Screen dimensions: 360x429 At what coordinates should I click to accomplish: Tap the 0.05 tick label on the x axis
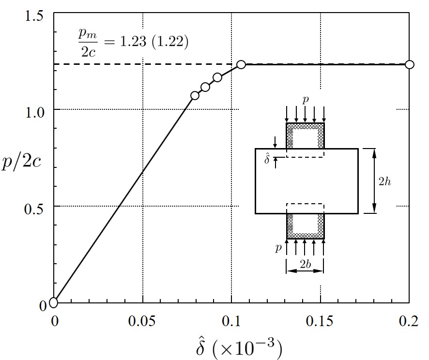(x=143, y=321)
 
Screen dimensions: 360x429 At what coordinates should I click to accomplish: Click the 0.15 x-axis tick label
(x=321, y=321)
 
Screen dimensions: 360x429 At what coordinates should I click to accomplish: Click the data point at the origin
(x=53, y=302)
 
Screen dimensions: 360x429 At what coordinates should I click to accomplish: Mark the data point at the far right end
(x=410, y=64)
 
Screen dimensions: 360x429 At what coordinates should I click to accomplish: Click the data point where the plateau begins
(x=241, y=64)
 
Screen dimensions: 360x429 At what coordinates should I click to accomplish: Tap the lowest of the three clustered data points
(x=195, y=95)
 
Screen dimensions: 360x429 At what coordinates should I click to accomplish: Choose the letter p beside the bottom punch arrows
(x=278, y=248)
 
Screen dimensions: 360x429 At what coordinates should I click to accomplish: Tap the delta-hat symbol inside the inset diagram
(x=268, y=158)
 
